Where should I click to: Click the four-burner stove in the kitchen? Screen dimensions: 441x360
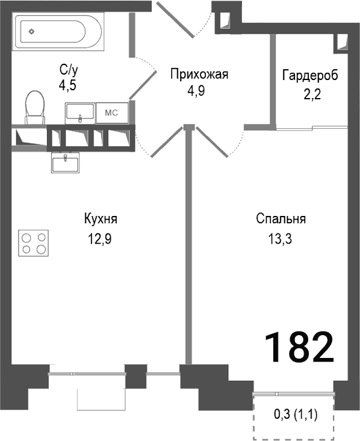coord(34,244)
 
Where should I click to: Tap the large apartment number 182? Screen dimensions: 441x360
coord(299,347)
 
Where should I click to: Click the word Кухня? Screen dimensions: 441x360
coord(100,219)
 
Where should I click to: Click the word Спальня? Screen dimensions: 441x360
coord(281,219)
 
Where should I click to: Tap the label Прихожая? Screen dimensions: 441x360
coord(199,75)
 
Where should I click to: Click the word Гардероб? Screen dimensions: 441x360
coord(310,75)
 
